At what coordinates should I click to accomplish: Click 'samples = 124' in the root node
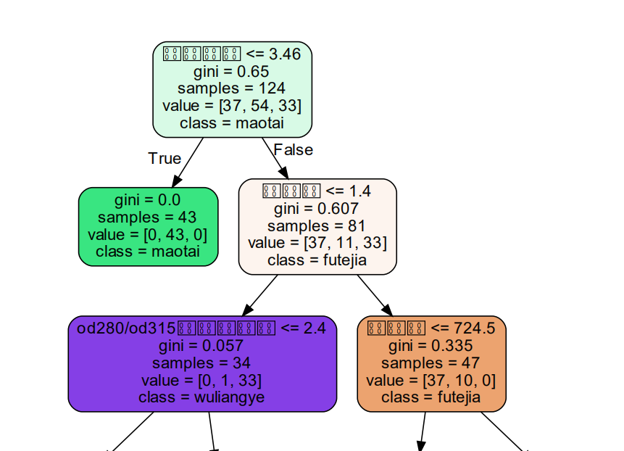pos(232,88)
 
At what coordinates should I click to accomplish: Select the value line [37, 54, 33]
pos(232,106)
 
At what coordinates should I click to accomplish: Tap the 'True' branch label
pos(165,158)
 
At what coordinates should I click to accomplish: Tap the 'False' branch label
pos(294,150)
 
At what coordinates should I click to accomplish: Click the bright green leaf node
pos(148,226)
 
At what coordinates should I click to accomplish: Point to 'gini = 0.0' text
pos(148,200)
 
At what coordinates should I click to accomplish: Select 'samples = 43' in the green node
pos(148,218)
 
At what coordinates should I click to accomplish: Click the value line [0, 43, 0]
pos(148,235)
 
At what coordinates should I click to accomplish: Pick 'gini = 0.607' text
pos(317,209)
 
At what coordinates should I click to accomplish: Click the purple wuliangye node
pos(202,363)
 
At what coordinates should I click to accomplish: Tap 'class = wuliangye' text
pos(202,397)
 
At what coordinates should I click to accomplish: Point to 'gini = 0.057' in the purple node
pos(202,346)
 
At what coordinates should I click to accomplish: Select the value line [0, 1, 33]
pos(202,380)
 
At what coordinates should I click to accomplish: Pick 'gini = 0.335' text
pos(431,346)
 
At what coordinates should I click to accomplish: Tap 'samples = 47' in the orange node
pos(431,363)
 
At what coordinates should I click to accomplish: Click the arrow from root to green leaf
pos(187,161)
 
